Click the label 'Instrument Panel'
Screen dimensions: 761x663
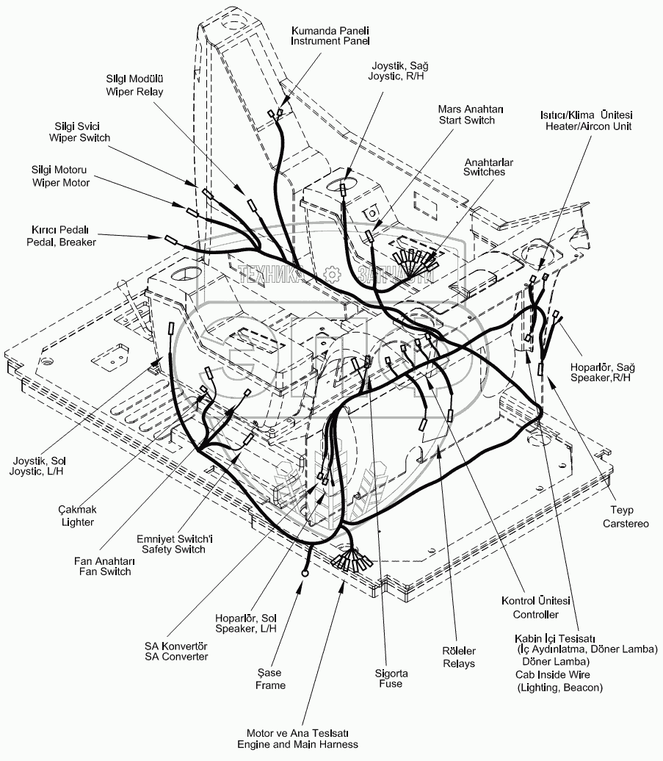coord(330,42)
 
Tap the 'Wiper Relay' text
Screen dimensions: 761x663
coord(134,92)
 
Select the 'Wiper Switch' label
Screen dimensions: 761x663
coord(79,137)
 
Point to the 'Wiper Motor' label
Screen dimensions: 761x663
coord(61,182)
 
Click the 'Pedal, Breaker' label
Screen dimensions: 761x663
coord(61,242)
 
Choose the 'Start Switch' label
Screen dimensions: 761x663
coord(467,120)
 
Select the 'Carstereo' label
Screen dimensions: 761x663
coord(626,524)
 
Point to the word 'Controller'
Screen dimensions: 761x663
coord(535,614)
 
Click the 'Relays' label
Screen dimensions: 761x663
coord(459,663)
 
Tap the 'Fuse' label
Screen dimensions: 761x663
coord(391,684)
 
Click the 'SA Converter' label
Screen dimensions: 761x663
coord(176,657)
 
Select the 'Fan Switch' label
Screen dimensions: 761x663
coord(103,571)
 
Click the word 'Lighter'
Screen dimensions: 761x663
coord(77,522)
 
